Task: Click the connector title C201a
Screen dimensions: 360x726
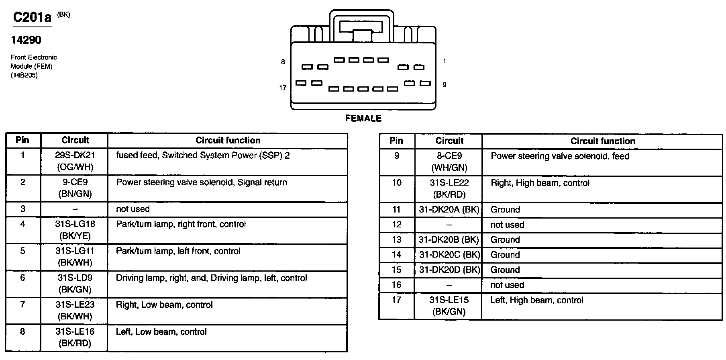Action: point(32,17)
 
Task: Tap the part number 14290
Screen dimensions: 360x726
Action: point(26,40)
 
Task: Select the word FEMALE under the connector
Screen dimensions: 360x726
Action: point(363,119)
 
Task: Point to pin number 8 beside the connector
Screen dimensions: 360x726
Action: point(283,62)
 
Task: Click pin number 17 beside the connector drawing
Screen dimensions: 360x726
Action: point(283,88)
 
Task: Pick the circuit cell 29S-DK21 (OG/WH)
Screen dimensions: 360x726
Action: point(75,161)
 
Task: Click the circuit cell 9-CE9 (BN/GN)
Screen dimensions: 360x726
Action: point(75,188)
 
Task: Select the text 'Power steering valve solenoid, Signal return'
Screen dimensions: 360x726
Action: point(202,182)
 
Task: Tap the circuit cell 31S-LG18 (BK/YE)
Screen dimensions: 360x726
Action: point(75,230)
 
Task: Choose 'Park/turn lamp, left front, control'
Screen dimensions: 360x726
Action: point(178,251)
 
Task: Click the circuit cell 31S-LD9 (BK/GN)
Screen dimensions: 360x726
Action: point(75,283)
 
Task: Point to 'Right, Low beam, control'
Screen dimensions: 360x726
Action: point(164,305)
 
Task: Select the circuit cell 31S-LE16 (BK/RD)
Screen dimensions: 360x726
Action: point(75,337)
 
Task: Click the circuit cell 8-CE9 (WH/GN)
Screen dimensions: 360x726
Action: point(449,162)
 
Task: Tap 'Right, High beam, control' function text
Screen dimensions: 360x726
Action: point(540,183)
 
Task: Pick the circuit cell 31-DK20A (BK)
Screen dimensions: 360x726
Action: point(449,210)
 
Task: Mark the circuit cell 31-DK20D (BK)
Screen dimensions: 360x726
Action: point(449,270)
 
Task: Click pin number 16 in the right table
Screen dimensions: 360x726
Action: point(396,285)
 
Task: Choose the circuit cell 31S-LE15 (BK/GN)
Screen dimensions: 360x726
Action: point(449,306)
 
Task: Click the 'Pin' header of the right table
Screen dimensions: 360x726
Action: point(396,141)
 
